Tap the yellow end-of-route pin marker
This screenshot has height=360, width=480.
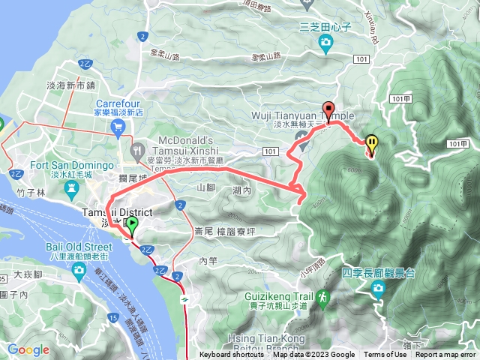coord(372,142)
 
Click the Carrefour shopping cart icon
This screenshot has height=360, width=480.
coord(118,127)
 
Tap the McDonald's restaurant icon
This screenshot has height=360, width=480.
coord(140,149)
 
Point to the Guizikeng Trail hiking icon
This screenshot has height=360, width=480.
coord(323,297)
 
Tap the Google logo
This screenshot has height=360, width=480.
coord(28,349)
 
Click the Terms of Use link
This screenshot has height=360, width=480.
coord(385,355)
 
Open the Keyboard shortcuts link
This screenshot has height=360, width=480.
coord(232,355)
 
